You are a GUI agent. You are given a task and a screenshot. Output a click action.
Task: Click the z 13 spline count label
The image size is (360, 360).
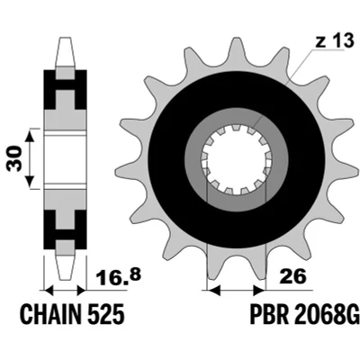(x=335, y=40)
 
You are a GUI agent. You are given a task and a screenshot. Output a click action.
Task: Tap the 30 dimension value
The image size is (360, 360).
(x=15, y=158)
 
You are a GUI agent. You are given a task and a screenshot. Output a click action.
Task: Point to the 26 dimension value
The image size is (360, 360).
(x=292, y=276)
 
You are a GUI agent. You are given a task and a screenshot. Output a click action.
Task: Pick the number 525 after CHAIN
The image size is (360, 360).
(x=106, y=314)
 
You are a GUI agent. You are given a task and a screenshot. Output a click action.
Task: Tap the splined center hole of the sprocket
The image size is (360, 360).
(x=237, y=159)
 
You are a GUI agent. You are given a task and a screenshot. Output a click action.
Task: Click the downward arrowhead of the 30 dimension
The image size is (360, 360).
(x=30, y=181)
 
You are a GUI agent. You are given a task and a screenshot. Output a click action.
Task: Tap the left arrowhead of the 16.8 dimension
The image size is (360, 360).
(x=49, y=291)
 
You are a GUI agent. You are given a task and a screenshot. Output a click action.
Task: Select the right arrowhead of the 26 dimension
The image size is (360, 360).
(x=259, y=291)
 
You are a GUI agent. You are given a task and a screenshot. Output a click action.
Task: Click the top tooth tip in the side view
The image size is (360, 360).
(x=66, y=39)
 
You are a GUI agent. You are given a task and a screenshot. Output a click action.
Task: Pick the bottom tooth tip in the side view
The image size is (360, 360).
(x=65, y=278)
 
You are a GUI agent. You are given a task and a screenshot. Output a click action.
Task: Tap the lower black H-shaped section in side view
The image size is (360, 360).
(x=65, y=229)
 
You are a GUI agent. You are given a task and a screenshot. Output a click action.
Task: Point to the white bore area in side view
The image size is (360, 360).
(x=65, y=159)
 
